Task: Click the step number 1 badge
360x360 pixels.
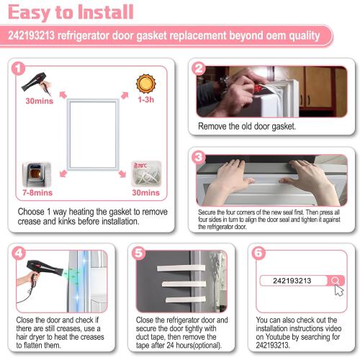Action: [x=18, y=69]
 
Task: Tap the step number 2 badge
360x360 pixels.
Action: [x=199, y=69]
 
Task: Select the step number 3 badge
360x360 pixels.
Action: [x=199, y=158]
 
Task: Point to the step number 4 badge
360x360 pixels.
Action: [x=19, y=253]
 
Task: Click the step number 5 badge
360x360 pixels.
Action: [x=139, y=253]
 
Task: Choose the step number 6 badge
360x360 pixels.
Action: [x=258, y=253]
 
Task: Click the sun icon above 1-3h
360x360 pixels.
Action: [x=146, y=84]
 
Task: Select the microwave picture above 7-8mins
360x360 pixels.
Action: [x=37, y=174]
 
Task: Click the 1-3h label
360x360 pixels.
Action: [x=146, y=99]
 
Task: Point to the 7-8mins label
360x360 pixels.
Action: [x=37, y=192]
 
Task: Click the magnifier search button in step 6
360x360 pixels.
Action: [x=336, y=280]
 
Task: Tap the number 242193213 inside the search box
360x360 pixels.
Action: [x=292, y=281]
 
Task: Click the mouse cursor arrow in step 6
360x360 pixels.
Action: [x=338, y=291]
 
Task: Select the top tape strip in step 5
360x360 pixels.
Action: [x=181, y=268]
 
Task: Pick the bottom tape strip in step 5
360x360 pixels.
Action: [x=186, y=300]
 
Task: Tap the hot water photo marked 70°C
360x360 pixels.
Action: [x=146, y=174]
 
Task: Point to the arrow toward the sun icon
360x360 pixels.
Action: [x=125, y=95]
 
